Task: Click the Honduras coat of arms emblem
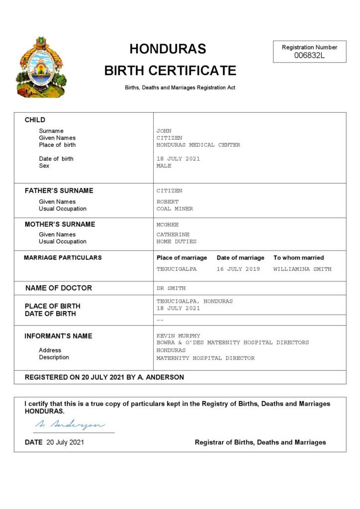[x=41, y=68]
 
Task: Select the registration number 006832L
[x=309, y=55]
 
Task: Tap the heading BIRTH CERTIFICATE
[x=170, y=71]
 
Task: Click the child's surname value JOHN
[x=164, y=131]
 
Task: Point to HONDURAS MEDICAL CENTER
[x=198, y=145]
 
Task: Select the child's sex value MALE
[x=164, y=166]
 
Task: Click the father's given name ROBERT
[x=167, y=202]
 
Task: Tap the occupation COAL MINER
[x=175, y=209]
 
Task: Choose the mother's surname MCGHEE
[x=167, y=225]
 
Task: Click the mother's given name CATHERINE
[x=173, y=235]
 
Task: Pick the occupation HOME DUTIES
[x=177, y=242]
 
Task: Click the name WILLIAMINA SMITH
[x=302, y=269]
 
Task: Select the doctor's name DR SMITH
[x=171, y=288]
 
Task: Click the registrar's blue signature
[x=70, y=425]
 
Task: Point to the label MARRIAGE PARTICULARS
[x=63, y=257]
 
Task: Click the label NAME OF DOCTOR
[x=59, y=288]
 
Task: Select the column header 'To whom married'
[x=298, y=257]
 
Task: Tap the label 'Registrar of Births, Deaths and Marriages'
[x=260, y=442]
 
